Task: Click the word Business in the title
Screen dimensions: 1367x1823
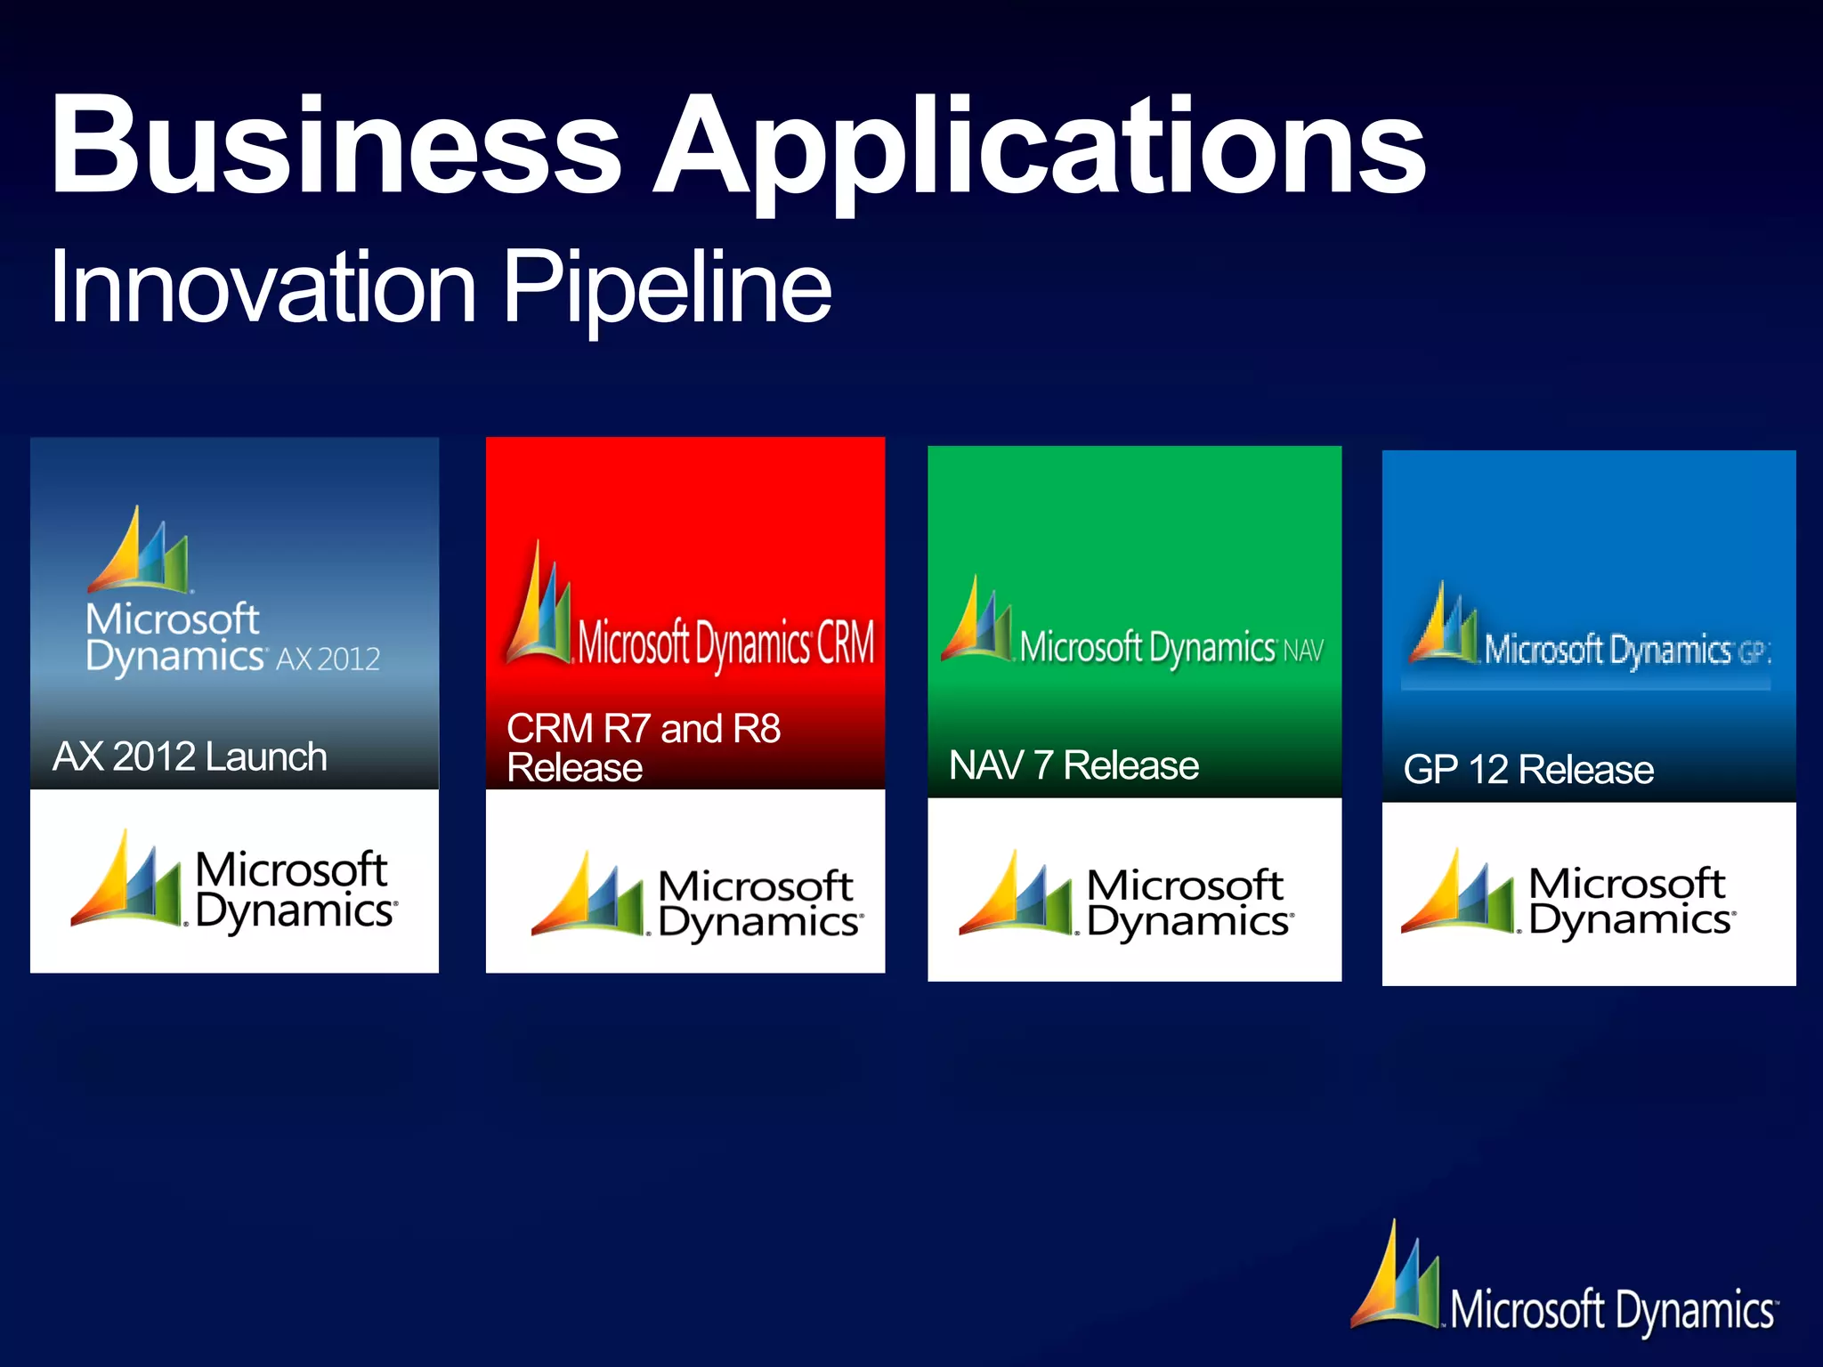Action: pos(336,144)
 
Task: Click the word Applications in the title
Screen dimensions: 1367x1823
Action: pos(1040,147)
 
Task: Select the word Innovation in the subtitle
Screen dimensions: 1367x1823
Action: pos(263,287)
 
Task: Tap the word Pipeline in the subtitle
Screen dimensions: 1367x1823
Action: pos(668,287)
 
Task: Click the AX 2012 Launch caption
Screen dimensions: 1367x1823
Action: pos(190,756)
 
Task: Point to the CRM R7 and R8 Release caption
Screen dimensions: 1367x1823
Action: pos(643,748)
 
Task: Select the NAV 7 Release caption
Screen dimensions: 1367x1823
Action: pos(1074,765)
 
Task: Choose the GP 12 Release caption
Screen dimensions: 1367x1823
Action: pos(1527,770)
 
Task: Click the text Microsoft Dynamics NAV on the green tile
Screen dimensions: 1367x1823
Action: pos(1171,648)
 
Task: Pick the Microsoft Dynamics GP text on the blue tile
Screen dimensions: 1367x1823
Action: pos(1625,651)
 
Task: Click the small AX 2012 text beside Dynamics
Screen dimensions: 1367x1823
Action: pos(328,659)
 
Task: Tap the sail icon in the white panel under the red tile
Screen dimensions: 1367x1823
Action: pos(587,894)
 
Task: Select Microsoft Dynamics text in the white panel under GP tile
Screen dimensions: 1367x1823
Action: pos(1631,901)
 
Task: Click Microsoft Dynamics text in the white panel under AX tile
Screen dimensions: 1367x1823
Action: pos(295,890)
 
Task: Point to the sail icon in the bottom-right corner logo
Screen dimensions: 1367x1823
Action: pos(1396,1277)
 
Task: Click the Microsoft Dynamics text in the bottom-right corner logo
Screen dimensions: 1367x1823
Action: pos(1612,1310)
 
